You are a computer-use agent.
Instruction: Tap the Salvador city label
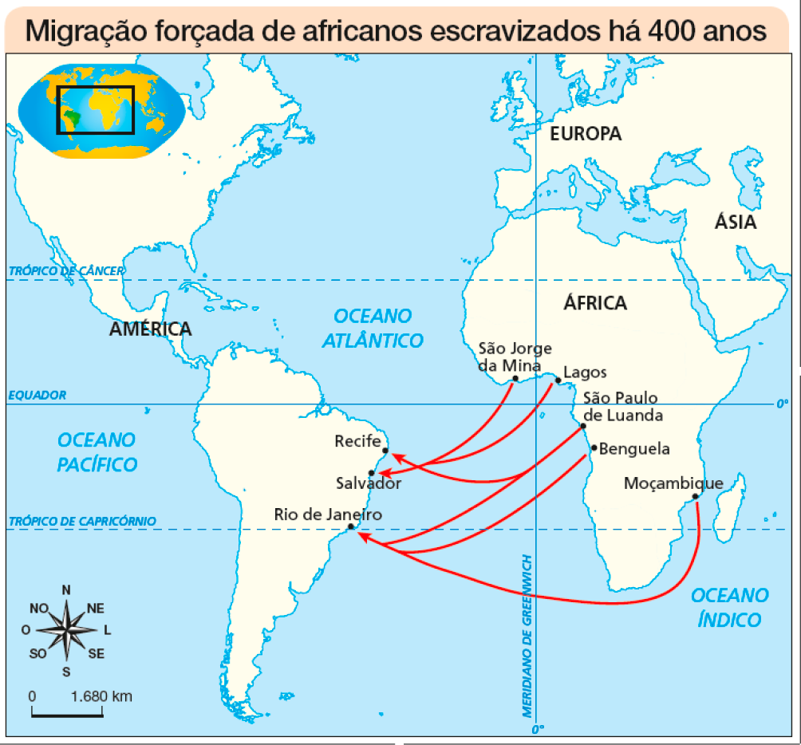click(368, 483)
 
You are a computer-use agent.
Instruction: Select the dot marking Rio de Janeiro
click(351, 526)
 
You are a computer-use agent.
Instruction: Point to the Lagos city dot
click(557, 380)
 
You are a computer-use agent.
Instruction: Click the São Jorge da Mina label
click(514, 357)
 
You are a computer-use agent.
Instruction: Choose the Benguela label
click(634, 448)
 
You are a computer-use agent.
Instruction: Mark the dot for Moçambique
click(696, 497)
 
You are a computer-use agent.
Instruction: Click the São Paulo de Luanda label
click(622, 407)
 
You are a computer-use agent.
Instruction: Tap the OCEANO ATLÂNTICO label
click(373, 329)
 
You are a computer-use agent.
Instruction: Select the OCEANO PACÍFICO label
click(97, 452)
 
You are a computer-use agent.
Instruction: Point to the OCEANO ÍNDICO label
click(729, 607)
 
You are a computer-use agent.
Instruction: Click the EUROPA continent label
click(586, 134)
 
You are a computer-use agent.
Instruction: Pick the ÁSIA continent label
click(735, 223)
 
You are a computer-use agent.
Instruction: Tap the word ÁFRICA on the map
click(595, 303)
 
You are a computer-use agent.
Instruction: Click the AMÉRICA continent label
click(151, 329)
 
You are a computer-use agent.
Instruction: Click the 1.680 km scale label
click(101, 696)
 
